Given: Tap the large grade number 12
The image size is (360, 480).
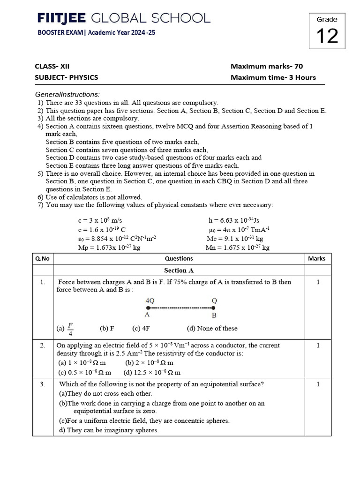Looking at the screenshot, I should click(327, 35).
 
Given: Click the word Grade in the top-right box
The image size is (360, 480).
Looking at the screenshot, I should click(327, 19).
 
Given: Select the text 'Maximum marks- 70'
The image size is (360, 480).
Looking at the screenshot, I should click(270, 66).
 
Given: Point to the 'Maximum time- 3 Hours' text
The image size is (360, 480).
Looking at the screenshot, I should click(273, 77).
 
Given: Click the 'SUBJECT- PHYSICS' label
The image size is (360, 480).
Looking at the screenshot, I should click(66, 77).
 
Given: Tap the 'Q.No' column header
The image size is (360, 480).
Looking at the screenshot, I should click(43, 258).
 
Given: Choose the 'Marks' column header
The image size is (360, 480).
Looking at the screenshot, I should click(316, 258).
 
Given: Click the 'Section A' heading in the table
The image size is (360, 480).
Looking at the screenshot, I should click(179, 270).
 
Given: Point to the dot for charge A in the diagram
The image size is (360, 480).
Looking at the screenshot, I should click(148, 308).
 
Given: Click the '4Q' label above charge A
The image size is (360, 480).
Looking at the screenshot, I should click(150, 300).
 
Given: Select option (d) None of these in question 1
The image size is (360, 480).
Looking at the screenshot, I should click(212, 329).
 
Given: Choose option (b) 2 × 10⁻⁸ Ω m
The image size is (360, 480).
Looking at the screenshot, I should click(150, 363).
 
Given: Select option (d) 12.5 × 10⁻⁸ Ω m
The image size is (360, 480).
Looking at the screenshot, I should click(152, 373).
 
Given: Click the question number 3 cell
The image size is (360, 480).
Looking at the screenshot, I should click(43, 384).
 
